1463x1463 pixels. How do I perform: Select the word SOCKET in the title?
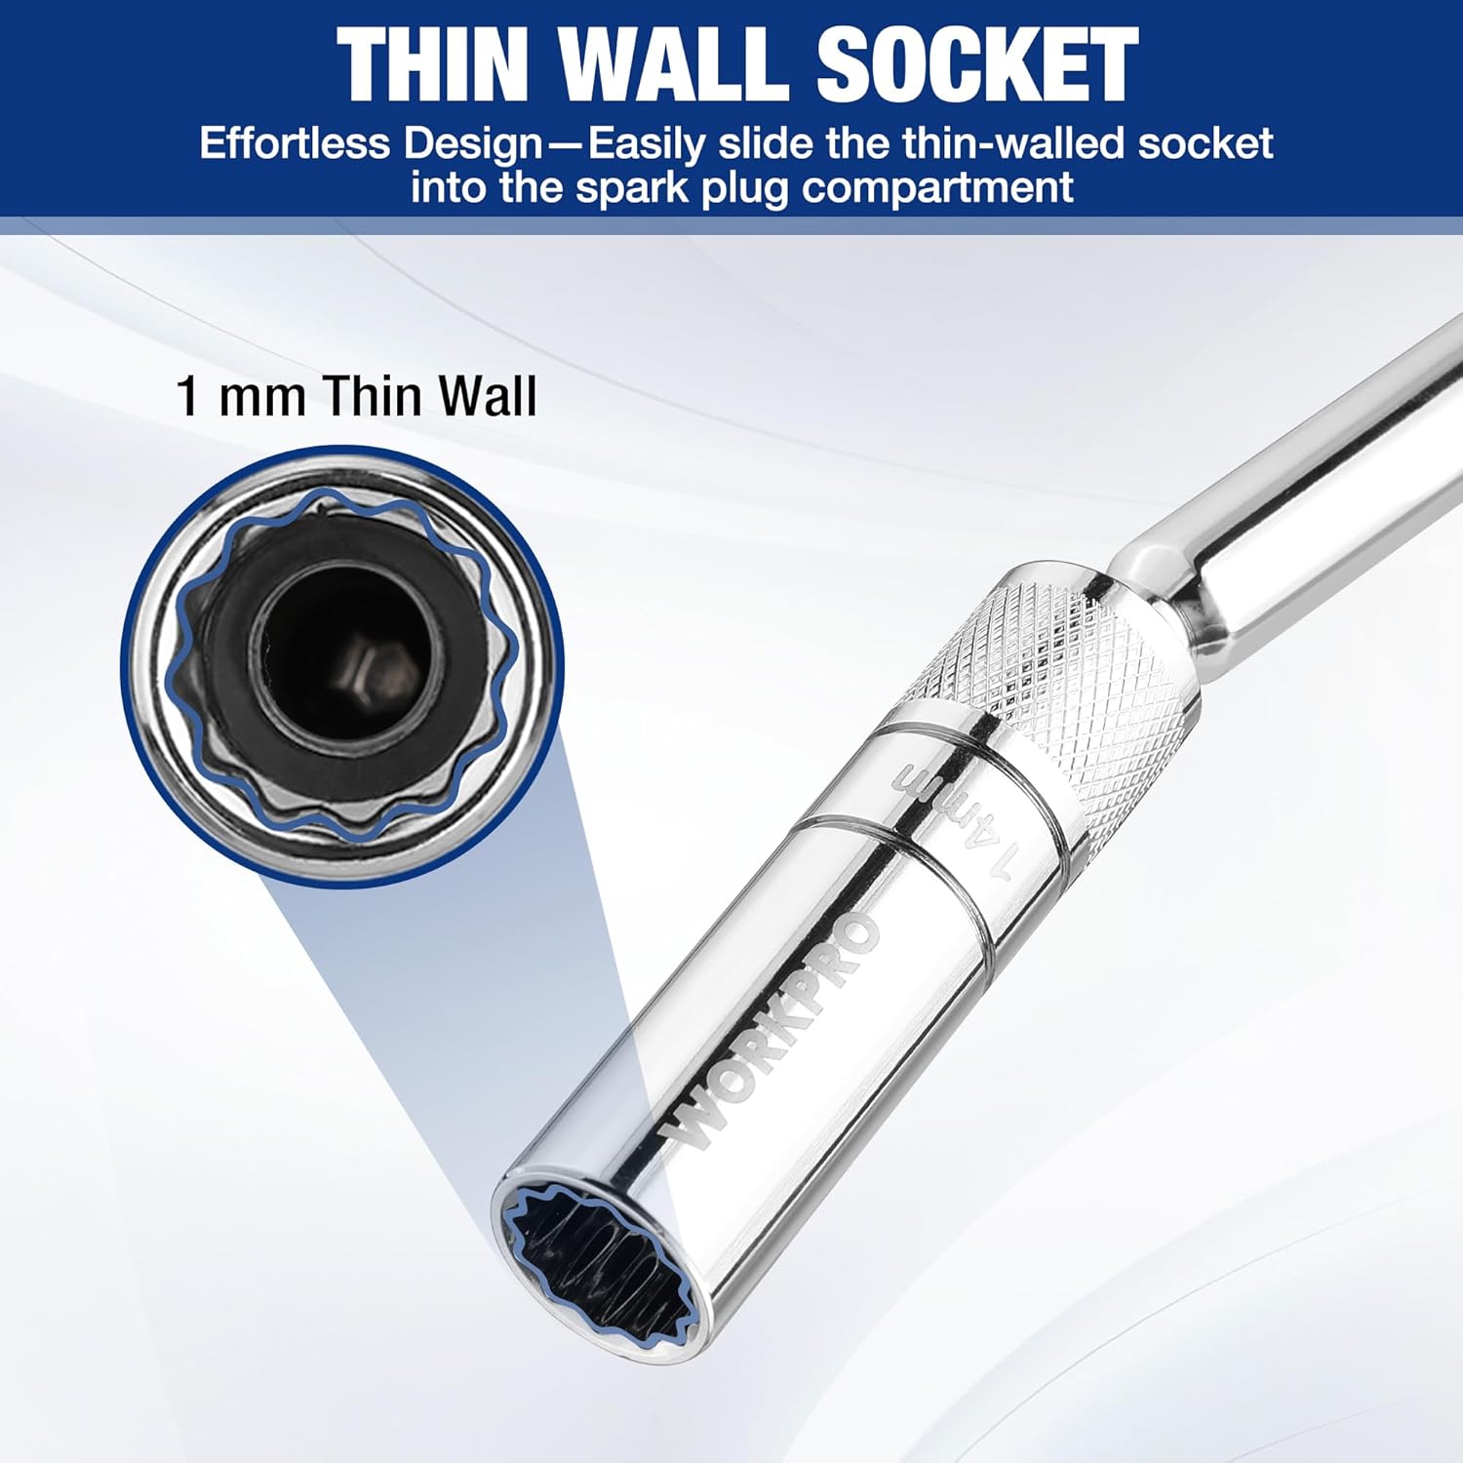tap(975, 63)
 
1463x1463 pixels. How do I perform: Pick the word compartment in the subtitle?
tap(937, 187)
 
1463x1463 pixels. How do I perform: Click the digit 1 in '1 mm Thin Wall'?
tap(187, 397)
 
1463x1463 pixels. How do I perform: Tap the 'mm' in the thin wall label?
tap(261, 398)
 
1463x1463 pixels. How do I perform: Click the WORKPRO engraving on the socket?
tap(771, 1034)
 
